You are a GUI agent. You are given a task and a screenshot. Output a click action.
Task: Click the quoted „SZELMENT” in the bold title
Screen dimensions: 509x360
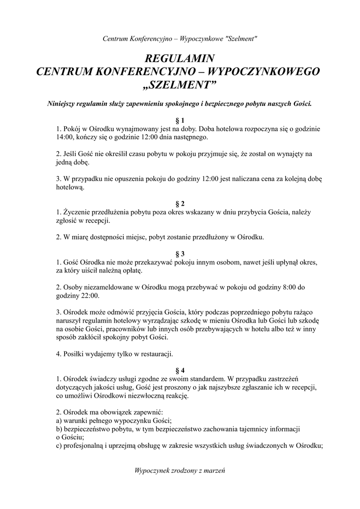(x=180, y=85)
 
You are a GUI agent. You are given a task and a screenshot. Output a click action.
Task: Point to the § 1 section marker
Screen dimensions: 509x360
(x=180, y=120)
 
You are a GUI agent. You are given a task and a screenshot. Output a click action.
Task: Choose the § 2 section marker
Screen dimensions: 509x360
(x=180, y=204)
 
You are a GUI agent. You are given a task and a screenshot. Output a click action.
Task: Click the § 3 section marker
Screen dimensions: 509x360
(x=180, y=253)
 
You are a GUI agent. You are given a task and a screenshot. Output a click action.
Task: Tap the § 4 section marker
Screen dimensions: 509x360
(x=180, y=370)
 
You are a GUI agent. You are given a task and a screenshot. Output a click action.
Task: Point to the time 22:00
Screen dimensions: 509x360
(x=90, y=296)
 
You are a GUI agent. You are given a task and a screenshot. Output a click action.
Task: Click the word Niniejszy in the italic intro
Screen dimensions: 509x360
(x=65, y=104)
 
